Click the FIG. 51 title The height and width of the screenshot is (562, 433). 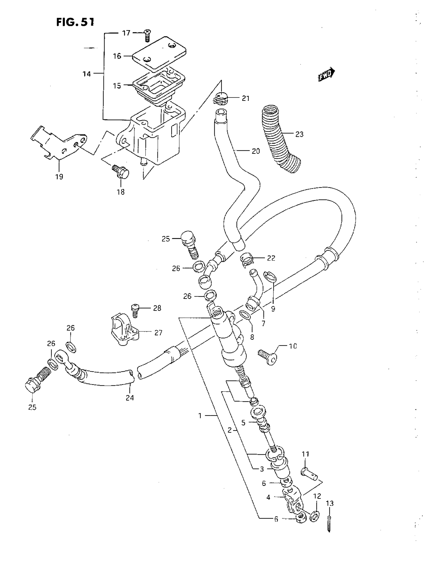[x=75, y=22]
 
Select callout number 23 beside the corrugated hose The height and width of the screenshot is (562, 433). [x=299, y=134]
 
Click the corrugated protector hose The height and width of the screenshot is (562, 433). [x=280, y=139]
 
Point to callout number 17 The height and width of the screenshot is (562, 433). [x=126, y=33]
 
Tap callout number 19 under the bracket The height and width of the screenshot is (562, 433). [x=59, y=176]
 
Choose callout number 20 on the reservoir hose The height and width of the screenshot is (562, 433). [x=256, y=151]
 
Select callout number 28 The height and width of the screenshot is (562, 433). [x=157, y=308]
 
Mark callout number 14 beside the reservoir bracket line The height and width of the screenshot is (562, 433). [x=87, y=74]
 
